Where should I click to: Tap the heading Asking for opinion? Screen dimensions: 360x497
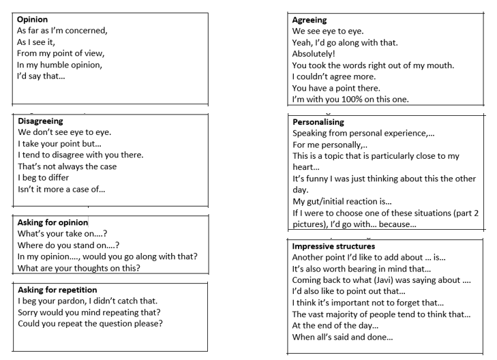[x=53, y=222]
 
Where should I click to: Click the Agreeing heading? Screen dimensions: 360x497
[x=310, y=20]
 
